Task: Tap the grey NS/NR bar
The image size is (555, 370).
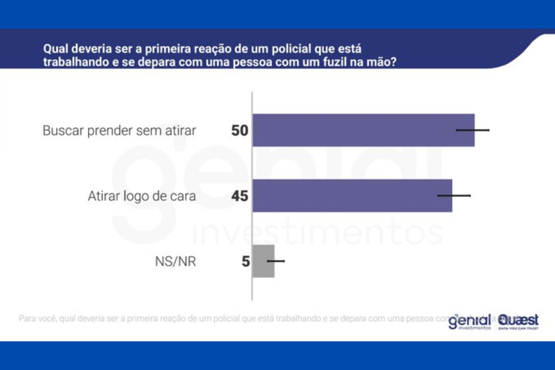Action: (263, 261)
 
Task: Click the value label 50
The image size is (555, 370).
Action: (240, 130)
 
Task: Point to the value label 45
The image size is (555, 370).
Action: (240, 196)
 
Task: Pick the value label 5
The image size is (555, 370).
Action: (246, 262)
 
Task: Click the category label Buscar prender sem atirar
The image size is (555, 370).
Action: (119, 131)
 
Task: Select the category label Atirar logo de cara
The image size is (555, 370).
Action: (142, 196)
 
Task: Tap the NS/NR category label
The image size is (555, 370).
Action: (175, 262)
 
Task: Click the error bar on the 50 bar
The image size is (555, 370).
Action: (473, 130)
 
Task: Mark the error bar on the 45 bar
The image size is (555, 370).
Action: (454, 196)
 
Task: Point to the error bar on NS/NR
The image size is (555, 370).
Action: (276, 261)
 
